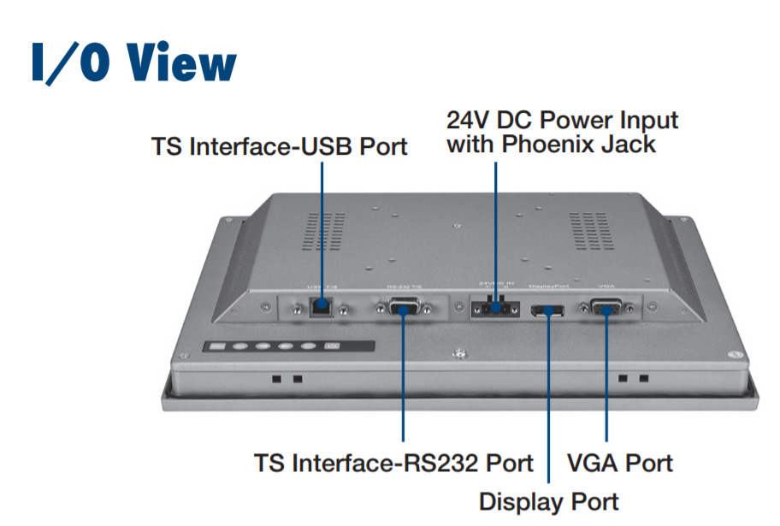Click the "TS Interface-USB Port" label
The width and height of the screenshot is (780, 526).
pos(279,146)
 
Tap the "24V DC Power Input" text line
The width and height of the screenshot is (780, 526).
pos(563,120)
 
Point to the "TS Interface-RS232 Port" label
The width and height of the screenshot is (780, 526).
pos(393,464)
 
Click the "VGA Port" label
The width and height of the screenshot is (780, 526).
pos(620,464)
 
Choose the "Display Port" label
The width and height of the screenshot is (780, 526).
pos(548,500)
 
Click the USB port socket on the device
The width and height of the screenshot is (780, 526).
pos(322,304)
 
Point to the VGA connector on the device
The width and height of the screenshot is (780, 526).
pos(606,308)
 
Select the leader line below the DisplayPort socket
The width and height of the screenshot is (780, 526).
pos(547,402)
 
